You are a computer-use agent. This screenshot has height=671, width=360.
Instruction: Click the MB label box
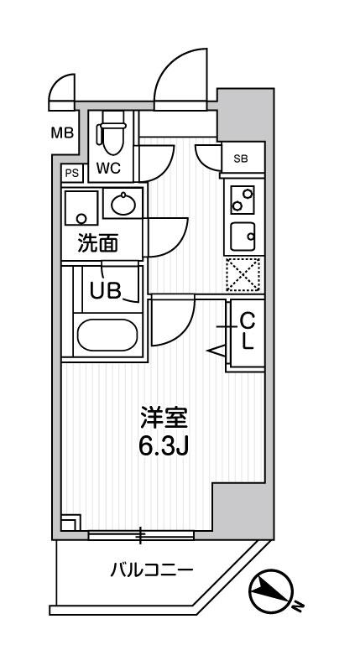pos(63,133)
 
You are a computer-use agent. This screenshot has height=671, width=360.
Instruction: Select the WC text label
pos(107,168)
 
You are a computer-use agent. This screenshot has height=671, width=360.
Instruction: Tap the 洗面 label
pos(98,243)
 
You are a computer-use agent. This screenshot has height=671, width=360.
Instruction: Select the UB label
pos(106,289)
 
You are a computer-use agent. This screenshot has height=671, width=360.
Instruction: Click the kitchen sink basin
pos(243,237)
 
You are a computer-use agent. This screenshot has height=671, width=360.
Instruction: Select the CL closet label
pos(248,331)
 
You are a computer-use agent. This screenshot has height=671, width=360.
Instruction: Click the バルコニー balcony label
pos(152,570)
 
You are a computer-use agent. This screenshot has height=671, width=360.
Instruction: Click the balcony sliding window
pos(140,533)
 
